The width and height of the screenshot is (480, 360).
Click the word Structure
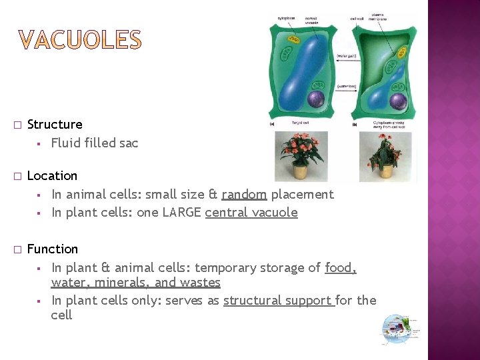(55, 125)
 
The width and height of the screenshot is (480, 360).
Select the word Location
(52, 176)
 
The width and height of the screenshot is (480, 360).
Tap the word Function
(53, 249)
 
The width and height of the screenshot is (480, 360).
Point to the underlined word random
(244, 195)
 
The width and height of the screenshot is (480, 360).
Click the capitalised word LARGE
(179, 213)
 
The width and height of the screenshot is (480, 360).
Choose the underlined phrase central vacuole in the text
(251, 213)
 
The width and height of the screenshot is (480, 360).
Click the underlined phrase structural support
(278, 301)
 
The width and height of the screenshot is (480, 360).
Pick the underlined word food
(340, 268)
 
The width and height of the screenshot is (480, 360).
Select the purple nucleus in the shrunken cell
(398, 102)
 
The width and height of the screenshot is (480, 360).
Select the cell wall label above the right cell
(357, 19)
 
